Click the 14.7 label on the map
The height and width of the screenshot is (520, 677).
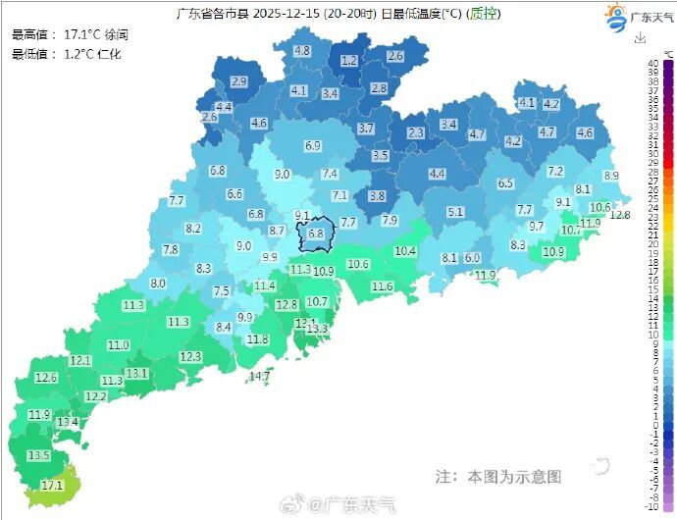pyautogui.click(x=260, y=376)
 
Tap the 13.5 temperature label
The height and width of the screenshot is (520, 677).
pyautogui.click(x=38, y=455)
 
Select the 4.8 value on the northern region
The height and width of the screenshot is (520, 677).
pyautogui.click(x=302, y=50)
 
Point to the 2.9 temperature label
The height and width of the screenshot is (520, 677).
pyautogui.click(x=238, y=80)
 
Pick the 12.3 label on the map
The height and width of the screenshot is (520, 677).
pyautogui.click(x=190, y=356)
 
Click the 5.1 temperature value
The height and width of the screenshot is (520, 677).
pyautogui.click(x=455, y=211)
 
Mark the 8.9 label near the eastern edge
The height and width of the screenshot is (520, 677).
pyautogui.click(x=611, y=176)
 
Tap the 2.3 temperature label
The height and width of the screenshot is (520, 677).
pyautogui.click(x=416, y=132)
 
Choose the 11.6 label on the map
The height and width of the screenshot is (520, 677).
pyautogui.click(x=382, y=286)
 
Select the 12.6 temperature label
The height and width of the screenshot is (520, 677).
pyautogui.click(x=46, y=378)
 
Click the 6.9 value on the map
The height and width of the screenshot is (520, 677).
pyautogui.click(x=313, y=145)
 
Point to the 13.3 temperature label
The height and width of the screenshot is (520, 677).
pyautogui.click(x=316, y=329)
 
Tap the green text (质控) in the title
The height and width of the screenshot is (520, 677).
pyautogui.click(x=482, y=14)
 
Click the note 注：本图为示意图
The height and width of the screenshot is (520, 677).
pyautogui.click(x=498, y=476)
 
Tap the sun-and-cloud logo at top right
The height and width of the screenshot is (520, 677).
pyautogui.click(x=615, y=16)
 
